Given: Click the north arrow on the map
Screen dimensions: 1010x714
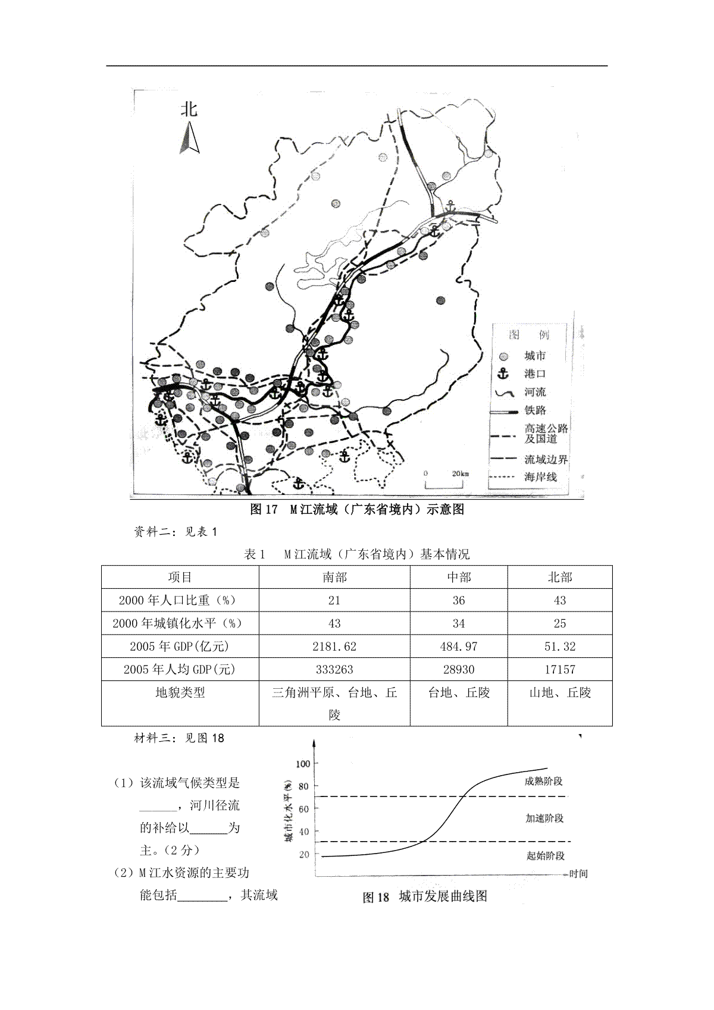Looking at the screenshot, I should [189, 139].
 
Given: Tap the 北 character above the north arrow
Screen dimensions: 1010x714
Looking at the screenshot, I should [189, 109].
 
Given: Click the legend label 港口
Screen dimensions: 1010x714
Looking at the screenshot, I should [535, 374].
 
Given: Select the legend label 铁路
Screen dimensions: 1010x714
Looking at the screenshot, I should [535, 410].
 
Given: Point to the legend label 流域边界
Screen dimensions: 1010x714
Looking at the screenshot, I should [546, 459].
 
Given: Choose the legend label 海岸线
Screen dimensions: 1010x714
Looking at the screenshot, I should [540, 476].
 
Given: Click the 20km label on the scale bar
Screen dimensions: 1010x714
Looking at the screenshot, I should [460, 473].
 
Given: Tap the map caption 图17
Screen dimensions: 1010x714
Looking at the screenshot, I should [264, 509].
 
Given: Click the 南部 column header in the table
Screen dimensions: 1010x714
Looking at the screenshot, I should [334, 577].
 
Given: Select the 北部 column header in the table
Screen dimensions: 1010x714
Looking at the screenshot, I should [559, 577].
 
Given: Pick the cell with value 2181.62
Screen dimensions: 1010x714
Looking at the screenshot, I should [334, 647].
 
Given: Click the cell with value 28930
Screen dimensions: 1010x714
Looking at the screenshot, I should [458, 669].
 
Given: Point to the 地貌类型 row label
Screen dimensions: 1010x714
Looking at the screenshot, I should [180, 692].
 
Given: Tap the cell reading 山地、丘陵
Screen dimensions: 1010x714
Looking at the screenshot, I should [559, 692].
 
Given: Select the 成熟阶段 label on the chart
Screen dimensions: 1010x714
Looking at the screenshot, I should [543, 781].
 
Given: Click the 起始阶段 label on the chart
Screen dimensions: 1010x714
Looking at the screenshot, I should [545, 855].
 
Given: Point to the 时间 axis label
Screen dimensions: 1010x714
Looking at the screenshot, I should [578, 874].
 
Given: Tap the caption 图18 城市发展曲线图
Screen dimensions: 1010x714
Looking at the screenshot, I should [425, 896].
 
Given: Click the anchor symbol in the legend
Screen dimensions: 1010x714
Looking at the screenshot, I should [504, 374].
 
